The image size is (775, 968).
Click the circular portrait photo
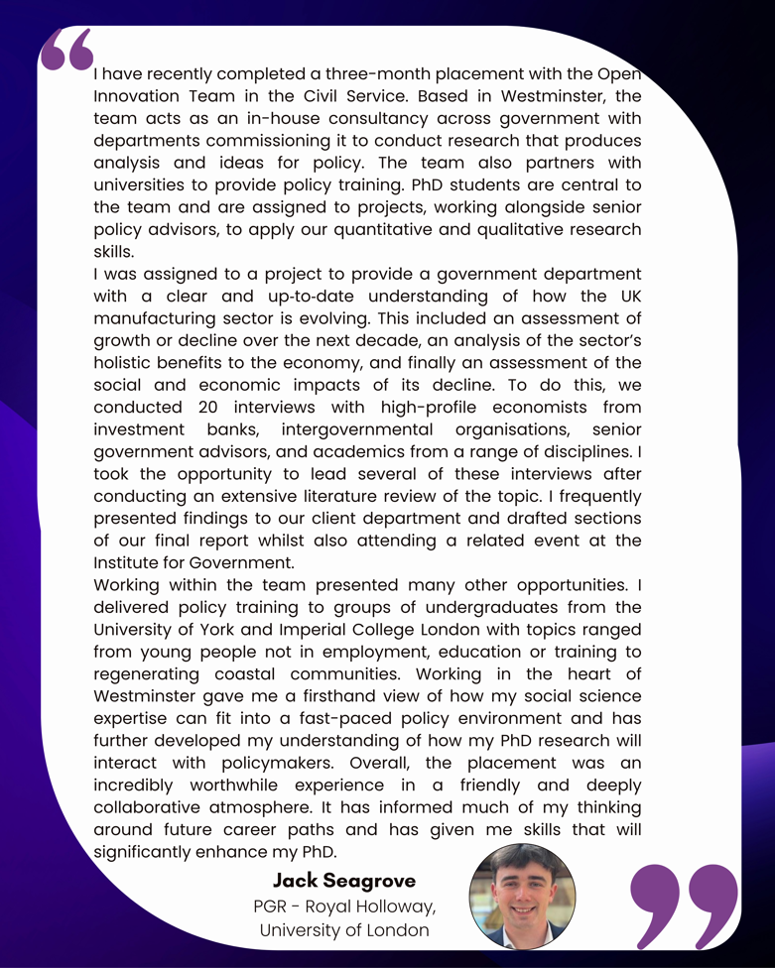click(522, 897)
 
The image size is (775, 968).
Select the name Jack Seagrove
click(344, 880)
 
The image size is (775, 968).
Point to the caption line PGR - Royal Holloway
click(344, 906)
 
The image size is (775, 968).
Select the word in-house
click(320, 119)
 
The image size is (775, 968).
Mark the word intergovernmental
click(357, 429)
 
